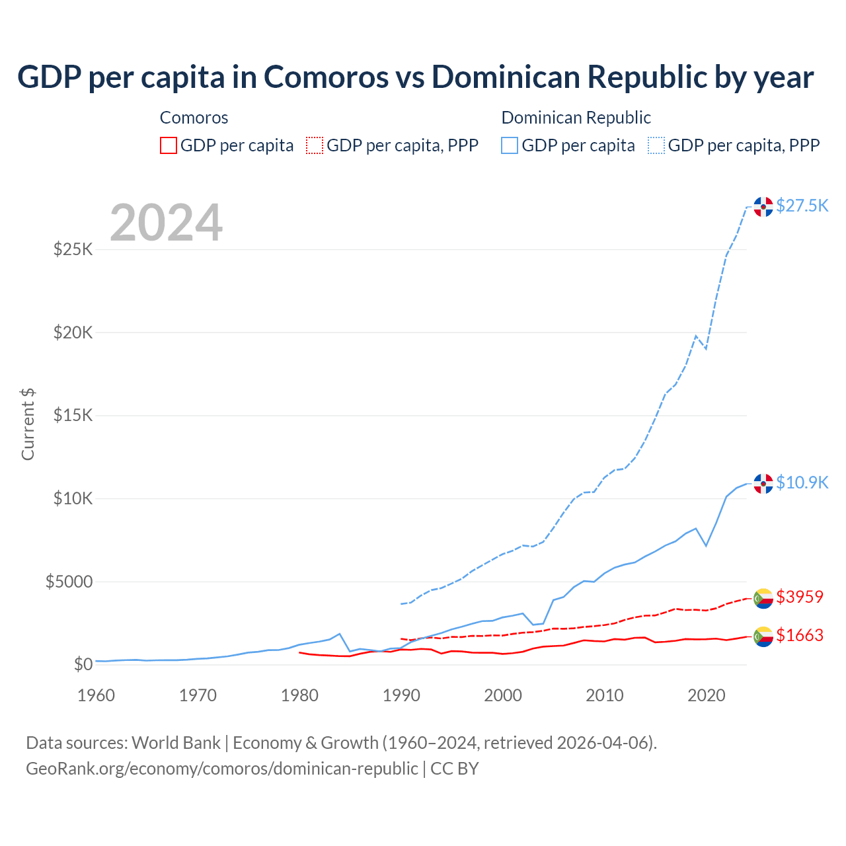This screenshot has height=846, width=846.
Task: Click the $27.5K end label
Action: pyautogui.click(x=802, y=206)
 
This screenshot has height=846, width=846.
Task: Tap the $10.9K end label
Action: pyautogui.click(x=802, y=482)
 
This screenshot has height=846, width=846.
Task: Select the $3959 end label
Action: pyautogui.click(x=800, y=597)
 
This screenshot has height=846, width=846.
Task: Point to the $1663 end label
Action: pyautogui.click(x=800, y=635)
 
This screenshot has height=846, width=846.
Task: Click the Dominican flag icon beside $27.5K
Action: pyautogui.click(x=763, y=207)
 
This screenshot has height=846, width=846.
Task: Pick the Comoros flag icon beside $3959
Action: pyautogui.click(x=763, y=598)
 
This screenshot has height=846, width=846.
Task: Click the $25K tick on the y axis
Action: pyautogui.click(x=73, y=249)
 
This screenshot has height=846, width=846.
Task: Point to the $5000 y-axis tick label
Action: pyautogui.click(x=69, y=582)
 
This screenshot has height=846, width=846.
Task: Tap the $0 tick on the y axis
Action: pyautogui.click(x=83, y=664)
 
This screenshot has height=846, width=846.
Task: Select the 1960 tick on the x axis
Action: pyautogui.click(x=96, y=695)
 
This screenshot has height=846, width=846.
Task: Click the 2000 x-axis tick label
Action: pyautogui.click(x=503, y=695)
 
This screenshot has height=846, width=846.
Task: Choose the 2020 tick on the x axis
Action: pyautogui.click(x=707, y=695)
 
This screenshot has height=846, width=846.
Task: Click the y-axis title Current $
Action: pyautogui.click(x=28, y=424)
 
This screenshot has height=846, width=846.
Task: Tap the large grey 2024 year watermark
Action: pyautogui.click(x=166, y=223)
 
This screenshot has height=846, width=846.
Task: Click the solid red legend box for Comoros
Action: pyautogui.click(x=169, y=145)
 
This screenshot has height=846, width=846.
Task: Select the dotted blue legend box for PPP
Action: pyautogui.click(x=656, y=145)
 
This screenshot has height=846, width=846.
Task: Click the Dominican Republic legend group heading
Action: pyautogui.click(x=576, y=118)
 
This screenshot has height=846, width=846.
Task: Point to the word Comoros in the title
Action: pyautogui.click(x=327, y=77)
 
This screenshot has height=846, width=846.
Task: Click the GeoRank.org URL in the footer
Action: pyautogui.click(x=221, y=769)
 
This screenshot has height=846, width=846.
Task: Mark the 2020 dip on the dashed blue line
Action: pyautogui.click(x=706, y=348)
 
